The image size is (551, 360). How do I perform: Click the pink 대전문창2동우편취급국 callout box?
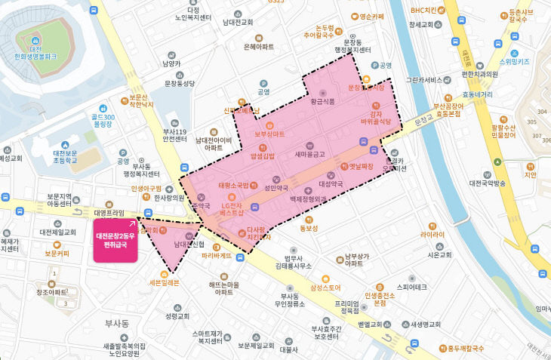[x=115, y=241]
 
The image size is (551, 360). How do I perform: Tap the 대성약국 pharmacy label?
[x=332, y=182]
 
